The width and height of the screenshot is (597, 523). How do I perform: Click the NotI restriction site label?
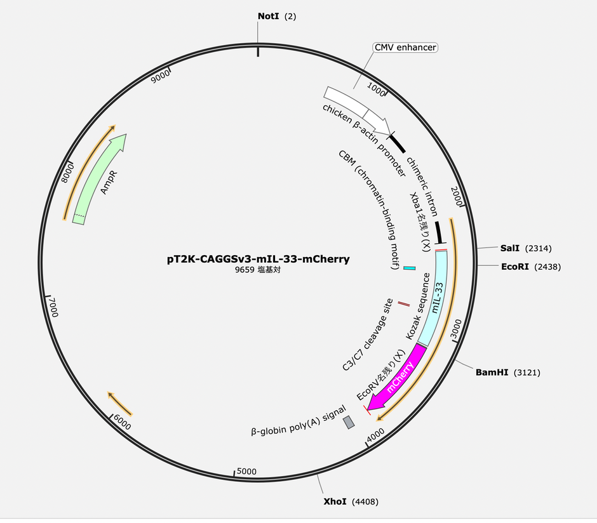click(x=277, y=17)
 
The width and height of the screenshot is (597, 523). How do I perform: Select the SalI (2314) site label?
click(x=526, y=248)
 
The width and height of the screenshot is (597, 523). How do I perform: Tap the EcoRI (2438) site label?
click(x=531, y=267)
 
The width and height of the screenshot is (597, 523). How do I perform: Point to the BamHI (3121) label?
click(x=508, y=373)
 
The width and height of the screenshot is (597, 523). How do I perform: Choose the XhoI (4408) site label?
click(x=351, y=501)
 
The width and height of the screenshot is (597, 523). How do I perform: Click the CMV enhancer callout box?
click(x=405, y=48)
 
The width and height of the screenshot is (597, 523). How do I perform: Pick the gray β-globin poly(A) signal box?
click(x=349, y=422)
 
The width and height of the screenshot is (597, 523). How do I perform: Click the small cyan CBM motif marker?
click(x=409, y=268)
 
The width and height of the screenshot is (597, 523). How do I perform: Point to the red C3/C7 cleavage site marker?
click(x=404, y=304)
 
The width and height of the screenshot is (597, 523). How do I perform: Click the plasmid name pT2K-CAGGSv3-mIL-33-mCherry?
click(x=258, y=259)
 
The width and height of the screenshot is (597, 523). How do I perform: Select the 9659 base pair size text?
click(x=258, y=270)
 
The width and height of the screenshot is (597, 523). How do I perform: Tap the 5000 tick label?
click(x=246, y=471)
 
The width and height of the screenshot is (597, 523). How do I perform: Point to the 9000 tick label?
click(x=160, y=77)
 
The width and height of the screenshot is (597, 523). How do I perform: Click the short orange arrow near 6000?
click(x=120, y=404)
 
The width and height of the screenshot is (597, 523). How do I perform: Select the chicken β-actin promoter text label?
click(x=364, y=140)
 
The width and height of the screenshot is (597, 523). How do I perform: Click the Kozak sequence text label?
click(x=418, y=306)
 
